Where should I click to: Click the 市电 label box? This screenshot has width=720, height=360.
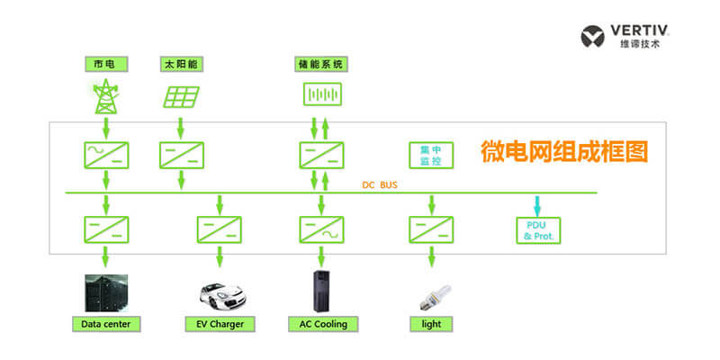pyautogui.click(x=104, y=65)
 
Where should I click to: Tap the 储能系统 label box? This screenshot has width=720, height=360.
pyautogui.click(x=320, y=65)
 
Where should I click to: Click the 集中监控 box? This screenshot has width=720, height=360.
pyautogui.click(x=429, y=155)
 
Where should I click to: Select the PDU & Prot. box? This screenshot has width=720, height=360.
pyautogui.click(x=538, y=230)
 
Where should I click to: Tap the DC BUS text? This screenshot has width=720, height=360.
pyautogui.click(x=380, y=184)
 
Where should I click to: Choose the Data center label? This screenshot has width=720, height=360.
pyautogui.click(x=105, y=323)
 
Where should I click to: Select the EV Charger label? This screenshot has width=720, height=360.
pyautogui.click(x=219, y=323)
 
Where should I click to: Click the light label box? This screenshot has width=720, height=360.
pyautogui.click(x=431, y=323)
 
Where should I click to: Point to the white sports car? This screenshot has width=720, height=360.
pyautogui.click(x=220, y=293)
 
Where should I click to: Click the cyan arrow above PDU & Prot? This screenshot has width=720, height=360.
pyautogui.click(x=538, y=204)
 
